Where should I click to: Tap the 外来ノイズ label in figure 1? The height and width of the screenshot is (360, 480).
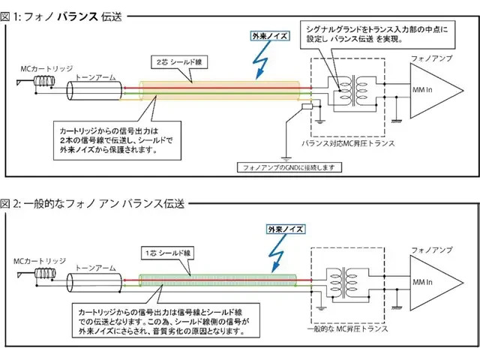coord(271,34)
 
